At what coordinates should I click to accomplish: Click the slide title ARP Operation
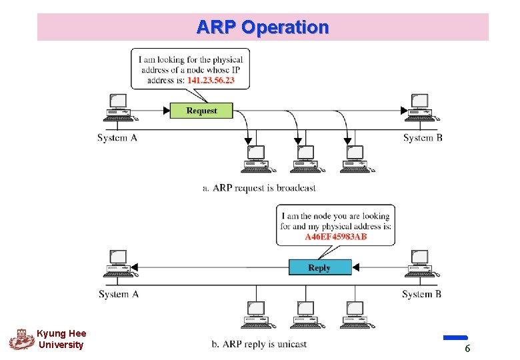pos(263,27)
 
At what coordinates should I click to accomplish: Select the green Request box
pos(201,111)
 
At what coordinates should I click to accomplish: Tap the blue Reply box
pos(319,267)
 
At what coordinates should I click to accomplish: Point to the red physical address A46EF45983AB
pos(336,237)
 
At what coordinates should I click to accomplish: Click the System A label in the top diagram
pos(117,138)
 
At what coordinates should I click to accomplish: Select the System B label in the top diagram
pos(423,138)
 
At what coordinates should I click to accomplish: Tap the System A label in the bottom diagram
pos(119,294)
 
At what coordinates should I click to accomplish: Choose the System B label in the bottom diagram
pos(422,294)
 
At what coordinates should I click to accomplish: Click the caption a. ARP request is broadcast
pos(259,188)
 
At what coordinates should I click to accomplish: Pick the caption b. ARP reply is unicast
pos(259,344)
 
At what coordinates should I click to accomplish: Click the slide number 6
pos(467,349)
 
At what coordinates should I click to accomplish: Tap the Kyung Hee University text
pos(61,339)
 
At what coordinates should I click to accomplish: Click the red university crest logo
pos(21,339)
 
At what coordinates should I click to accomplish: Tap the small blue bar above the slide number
pos(455,338)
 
